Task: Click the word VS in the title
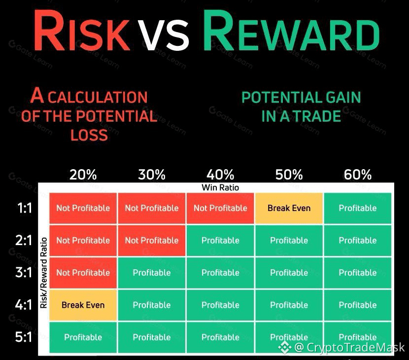click(163, 35)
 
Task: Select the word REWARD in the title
click(291, 31)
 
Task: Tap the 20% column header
click(83, 175)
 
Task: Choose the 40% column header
click(220, 175)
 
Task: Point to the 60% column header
click(358, 175)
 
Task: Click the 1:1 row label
click(24, 208)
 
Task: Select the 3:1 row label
click(24, 272)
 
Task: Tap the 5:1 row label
click(24, 337)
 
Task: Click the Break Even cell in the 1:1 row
click(289, 208)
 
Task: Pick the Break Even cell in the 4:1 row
click(83, 305)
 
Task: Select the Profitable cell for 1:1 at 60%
click(358, 208)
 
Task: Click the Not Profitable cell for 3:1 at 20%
click(83, 273)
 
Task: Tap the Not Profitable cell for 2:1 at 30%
click(152, 241)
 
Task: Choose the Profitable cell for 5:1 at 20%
click(83, 337)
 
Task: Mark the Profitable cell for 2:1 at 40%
click(220, 241)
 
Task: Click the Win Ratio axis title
click(220, 187)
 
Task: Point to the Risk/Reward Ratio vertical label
click(43, 273)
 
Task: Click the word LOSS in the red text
click(89, 135)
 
